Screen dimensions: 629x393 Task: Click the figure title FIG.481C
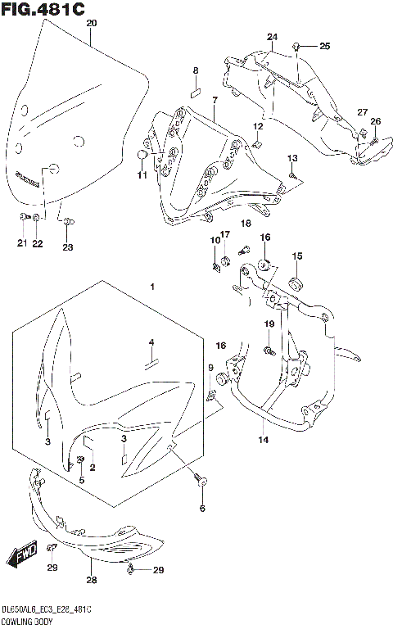click(x=43, y=10)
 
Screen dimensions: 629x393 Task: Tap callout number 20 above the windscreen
click(x=91, y=24)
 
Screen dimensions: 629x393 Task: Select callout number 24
click(x=272, y=38)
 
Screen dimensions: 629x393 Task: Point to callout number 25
click(x=324, y=46)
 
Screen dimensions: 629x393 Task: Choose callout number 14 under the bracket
click(x=263, y=441)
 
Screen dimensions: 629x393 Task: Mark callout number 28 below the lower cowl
click(x=91, y=580)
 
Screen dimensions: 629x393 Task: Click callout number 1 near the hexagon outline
click(x=151, y=287)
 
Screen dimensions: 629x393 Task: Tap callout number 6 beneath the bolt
click(x=201, y=509)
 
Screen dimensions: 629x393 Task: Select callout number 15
click(x=297, y=256)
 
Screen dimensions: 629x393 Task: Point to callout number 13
click(x=292, y=157)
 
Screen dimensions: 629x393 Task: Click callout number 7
click(x=214, y=101)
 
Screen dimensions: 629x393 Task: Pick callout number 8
click(x=196, y=71)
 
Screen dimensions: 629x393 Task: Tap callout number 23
click(x=68, y=247)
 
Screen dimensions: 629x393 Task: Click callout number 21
click(x=22, y=243)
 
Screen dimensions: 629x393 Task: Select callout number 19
click(x=268, y=325)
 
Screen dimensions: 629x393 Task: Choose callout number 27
click(x=363, y=112)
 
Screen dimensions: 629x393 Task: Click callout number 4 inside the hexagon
click(x=151, y=342)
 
